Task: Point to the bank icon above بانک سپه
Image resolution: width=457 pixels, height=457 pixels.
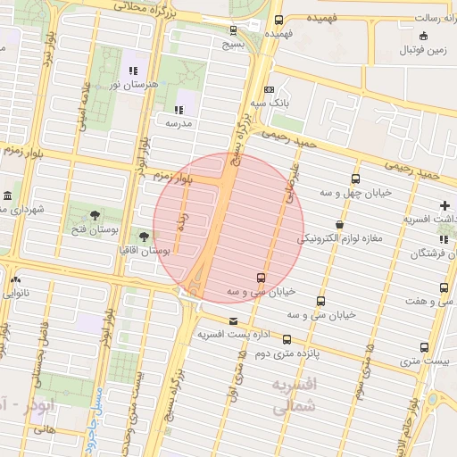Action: click(269, 90)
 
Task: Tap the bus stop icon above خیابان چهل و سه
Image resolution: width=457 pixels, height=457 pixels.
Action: click(356, 179)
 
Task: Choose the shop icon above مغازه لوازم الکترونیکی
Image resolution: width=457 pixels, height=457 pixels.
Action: click(339, 225)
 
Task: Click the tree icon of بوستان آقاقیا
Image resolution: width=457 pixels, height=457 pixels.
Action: click(145, 237)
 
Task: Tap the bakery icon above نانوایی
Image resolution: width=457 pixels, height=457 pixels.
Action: click(13, 278)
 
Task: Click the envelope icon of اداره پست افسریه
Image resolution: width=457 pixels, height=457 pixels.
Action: click(234, 321)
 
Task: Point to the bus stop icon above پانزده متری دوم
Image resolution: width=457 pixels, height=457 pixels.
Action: click(287, 339)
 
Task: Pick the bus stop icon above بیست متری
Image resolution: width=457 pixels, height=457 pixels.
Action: click(424, 347)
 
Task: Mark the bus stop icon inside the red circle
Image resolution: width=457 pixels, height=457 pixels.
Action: click(261, 278)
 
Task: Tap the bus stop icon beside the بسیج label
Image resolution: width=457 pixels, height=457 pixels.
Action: click(233, 29)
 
